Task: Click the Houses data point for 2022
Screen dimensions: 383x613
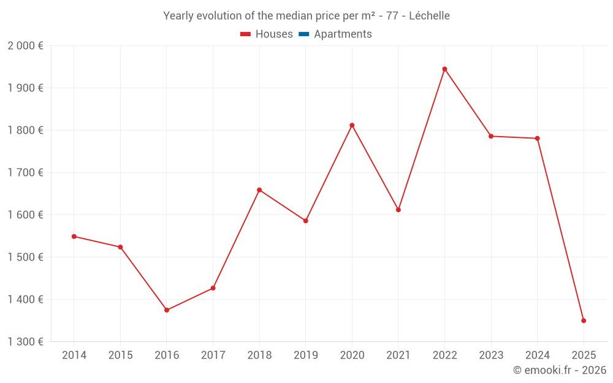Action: click(444, 69)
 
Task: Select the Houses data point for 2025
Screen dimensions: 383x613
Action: click(584, 320)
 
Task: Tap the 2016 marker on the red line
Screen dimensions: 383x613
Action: click(167, 310)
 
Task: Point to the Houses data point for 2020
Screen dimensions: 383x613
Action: click(352, 125)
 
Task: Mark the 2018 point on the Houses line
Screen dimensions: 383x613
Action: click(259, 190)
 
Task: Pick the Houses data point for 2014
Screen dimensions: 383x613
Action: click(74, 237)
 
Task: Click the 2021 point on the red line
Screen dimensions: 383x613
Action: click(398, 210)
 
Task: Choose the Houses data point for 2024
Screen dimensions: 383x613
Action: click(537, 138)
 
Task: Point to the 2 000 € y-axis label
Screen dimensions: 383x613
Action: click(25, 46)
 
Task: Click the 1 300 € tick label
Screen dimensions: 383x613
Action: click(25, 342)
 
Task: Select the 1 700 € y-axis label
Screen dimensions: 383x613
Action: click(25, 173)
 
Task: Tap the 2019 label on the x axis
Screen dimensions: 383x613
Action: click(305, 355)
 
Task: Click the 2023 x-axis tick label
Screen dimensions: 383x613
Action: click(491, 355)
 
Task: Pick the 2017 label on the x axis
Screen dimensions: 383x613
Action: click(213, 355)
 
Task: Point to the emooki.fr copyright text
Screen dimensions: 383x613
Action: click(560, 370)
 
